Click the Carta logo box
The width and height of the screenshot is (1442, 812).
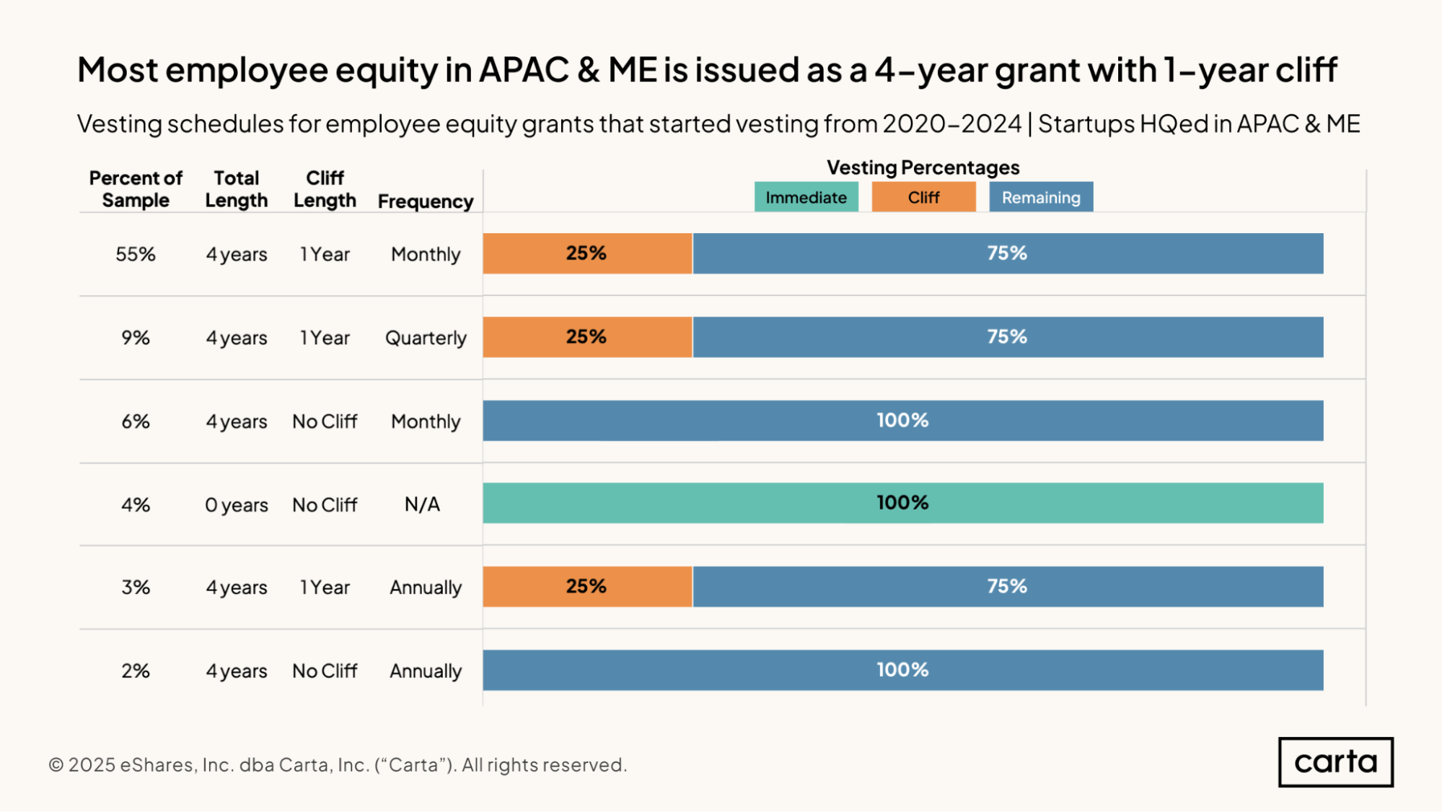[x=1335, y=761]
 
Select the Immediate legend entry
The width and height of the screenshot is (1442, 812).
[x=806, y=197]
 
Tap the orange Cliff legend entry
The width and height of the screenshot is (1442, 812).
[x=923, y=197]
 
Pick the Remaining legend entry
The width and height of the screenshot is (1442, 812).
[x=1040, y=197]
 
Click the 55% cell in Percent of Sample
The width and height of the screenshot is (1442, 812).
[x=136, y=254]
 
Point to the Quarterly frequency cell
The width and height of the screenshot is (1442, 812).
[x=426, y=338]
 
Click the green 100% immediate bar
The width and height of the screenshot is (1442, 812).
[x=902, y=502]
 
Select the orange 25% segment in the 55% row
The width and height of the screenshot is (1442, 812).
[x=586, y=253]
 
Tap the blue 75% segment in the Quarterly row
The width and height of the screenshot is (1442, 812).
[x=1007, y=337]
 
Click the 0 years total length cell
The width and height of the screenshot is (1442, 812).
[x=236, y=505]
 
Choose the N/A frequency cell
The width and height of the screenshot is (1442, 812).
[x=422, y=505]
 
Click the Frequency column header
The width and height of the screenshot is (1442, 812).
[x=425, y=201]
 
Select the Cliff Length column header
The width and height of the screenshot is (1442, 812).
[x=325, y=189]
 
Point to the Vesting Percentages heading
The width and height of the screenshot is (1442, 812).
[x=923, y=167]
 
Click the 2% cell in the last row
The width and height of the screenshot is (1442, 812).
[x=136, y=671]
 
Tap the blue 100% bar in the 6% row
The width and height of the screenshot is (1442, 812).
[x=902, y=420]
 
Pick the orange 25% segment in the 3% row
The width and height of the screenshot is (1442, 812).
[x=586, y=586]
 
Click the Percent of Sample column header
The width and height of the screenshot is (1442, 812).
[x=136, y=189]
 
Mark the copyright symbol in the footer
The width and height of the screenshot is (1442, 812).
[x=56, y=765]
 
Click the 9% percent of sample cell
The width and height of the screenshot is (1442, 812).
[x=136, y=338]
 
